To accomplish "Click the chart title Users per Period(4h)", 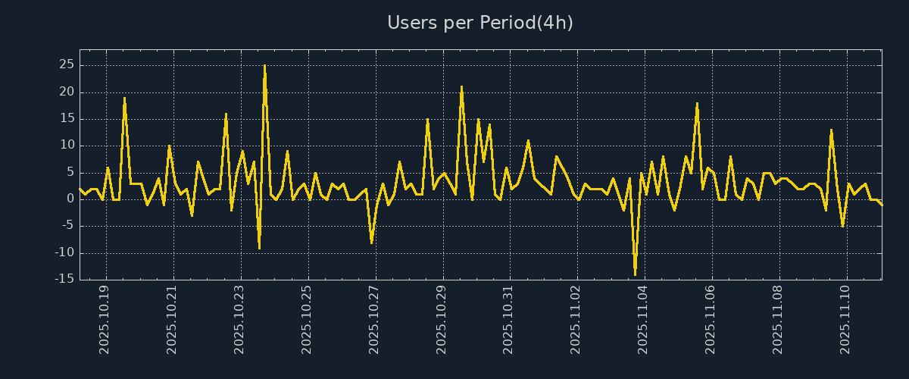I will click(480, 23).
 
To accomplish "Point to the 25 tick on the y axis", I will click(66, 65).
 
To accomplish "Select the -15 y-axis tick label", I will click(64, 279).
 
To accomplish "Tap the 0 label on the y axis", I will click(70, 199).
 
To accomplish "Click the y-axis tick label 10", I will click(66, 146).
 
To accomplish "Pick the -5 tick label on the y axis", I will click(67, 226).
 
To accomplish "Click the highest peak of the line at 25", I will click(264, 66).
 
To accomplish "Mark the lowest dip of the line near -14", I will click(635, 274).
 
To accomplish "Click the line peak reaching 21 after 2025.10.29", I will click(461, 87).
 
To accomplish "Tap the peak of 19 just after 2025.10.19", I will click(125, 98).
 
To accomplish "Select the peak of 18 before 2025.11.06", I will click(697, 103).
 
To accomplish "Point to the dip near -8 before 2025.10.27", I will click(371, 242).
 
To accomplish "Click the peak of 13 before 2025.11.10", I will click(831, 130).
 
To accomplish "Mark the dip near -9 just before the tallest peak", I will click(259, 247).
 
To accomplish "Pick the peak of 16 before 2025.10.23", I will click(226, 114).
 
